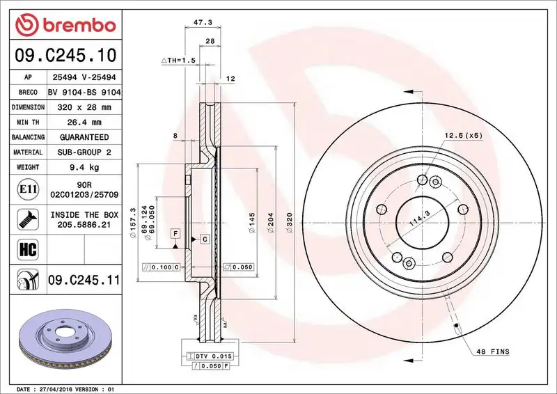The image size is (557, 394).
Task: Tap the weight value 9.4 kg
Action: [x=84, y=167]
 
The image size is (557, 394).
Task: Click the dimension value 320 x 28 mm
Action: [x=84, y=107]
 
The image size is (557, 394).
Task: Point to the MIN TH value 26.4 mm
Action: [x=84, y=123]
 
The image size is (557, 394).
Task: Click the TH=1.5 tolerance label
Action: [x=179, y=61]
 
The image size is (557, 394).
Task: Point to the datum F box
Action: [x=175, y=233]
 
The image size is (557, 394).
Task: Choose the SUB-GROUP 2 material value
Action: [x=84, y=152]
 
